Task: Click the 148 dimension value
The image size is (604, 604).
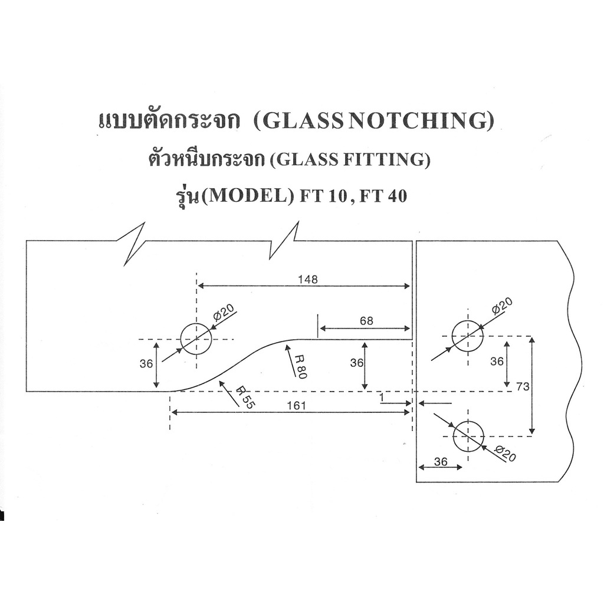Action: pos(308,280)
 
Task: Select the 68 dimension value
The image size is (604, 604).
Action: pos(366,321)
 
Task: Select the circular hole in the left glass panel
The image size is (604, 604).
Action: pos(196,339)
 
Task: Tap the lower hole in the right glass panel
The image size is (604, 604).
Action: pos(468,436)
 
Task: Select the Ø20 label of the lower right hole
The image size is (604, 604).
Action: pos(505,454)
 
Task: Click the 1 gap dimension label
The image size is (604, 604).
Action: pos(382,399)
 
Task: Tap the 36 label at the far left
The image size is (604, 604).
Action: pos(146,364)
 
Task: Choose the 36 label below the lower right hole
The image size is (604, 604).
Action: pos(441,462)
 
